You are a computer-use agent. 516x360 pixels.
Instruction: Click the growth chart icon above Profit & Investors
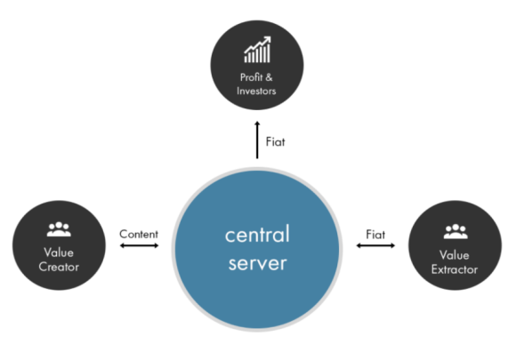coord(257,49)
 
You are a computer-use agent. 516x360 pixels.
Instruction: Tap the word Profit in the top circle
coord(252,77)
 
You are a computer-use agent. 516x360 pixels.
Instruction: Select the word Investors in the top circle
coord(256,91)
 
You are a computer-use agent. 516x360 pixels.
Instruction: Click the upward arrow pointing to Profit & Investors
coord(257,140)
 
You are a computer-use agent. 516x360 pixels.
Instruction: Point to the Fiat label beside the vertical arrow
coord(276,142)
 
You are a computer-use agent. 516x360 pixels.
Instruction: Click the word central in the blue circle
coord(257,234)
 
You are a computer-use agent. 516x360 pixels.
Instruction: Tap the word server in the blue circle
coord(258,264)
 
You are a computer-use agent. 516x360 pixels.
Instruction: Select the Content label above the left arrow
coord(139,234)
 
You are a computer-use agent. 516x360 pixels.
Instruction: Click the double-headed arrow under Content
coord(139,245)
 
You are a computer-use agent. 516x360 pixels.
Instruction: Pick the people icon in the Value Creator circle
coord(59,229)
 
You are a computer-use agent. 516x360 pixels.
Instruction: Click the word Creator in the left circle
coord(59,267)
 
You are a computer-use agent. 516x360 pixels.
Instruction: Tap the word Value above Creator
coord(59,252)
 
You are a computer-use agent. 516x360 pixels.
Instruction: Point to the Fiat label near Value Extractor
coord(375,235)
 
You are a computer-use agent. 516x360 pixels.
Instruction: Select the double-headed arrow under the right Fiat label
coord(375,245)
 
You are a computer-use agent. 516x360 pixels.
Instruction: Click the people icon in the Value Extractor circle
coord(456,231)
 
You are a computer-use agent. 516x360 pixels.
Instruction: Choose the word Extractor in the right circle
coord(455,269)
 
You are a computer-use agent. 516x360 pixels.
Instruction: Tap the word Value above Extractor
coord(455,255)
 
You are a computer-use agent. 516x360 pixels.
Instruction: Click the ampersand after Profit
coord(269,77)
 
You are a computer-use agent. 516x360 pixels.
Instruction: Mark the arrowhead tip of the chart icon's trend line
coord(270,36)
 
